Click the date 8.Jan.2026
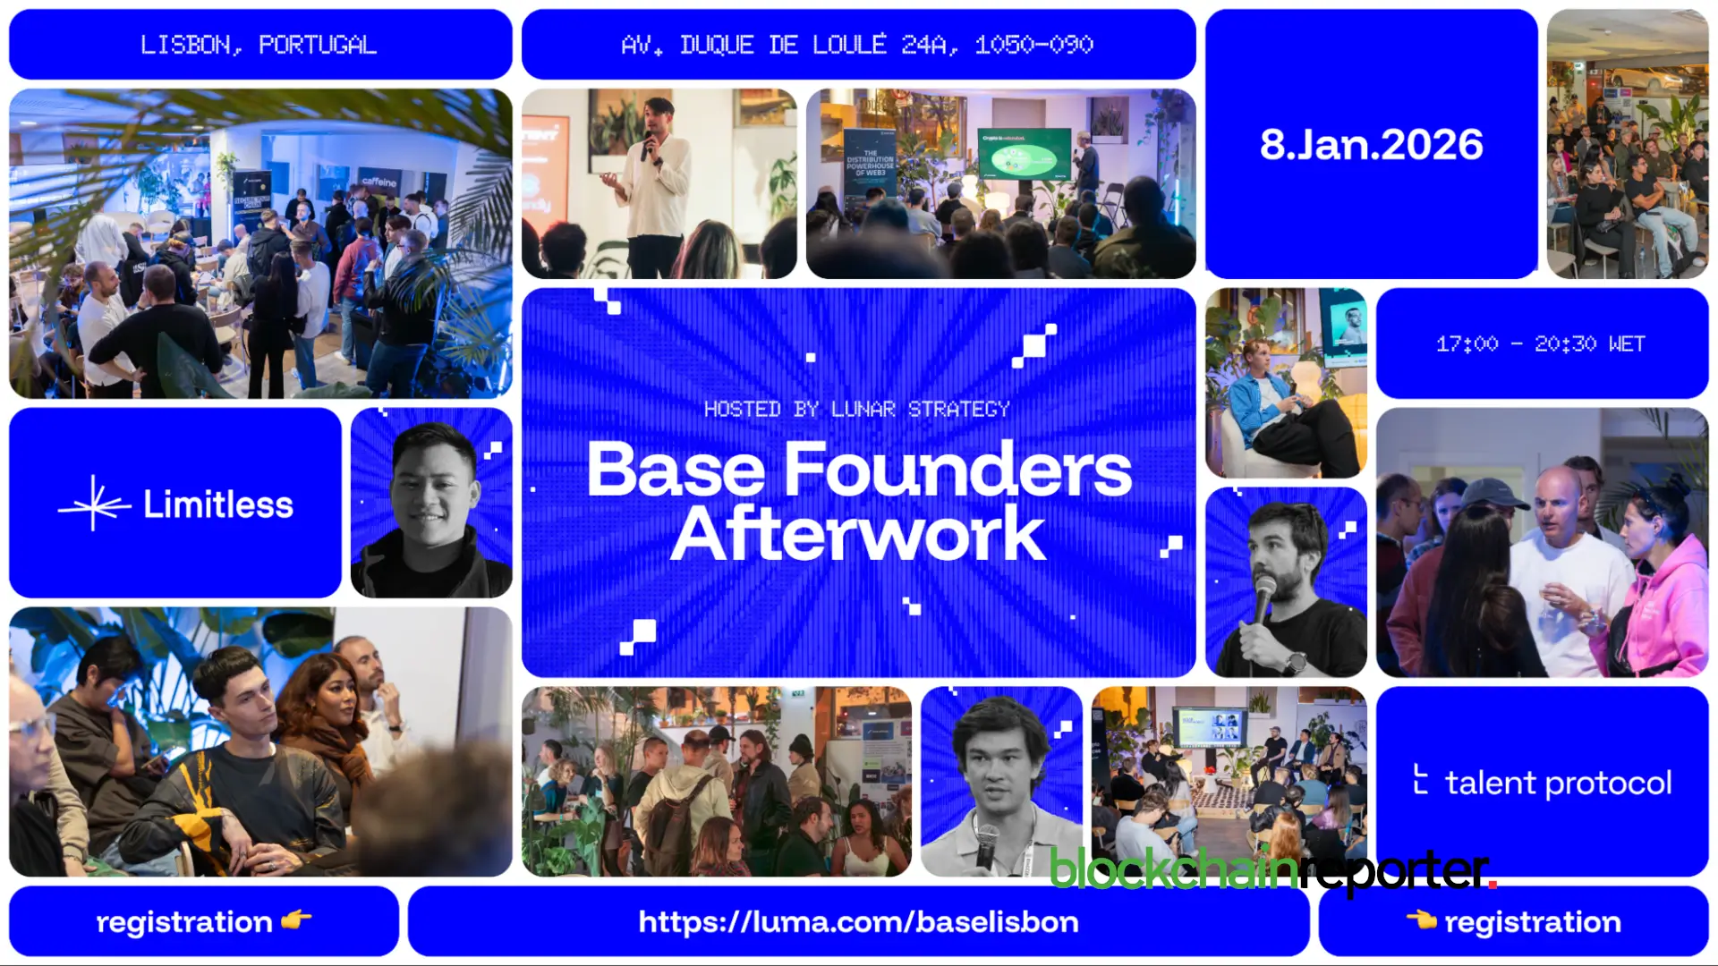click(1371, 145)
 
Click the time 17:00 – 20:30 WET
click(1541, 344)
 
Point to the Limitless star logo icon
click(94, 504)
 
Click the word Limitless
click(218, 504)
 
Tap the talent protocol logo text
click(1557, 783)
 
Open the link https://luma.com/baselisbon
click(858, 922)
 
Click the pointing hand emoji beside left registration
click(296, 919)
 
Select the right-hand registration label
click(1532, 922)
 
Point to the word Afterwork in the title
click(857, 535)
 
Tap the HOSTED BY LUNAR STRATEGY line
click(856, 410)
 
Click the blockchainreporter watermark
click(1271, 869)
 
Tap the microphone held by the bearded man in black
click(1263, 597)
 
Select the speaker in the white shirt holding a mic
click(657, 183)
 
